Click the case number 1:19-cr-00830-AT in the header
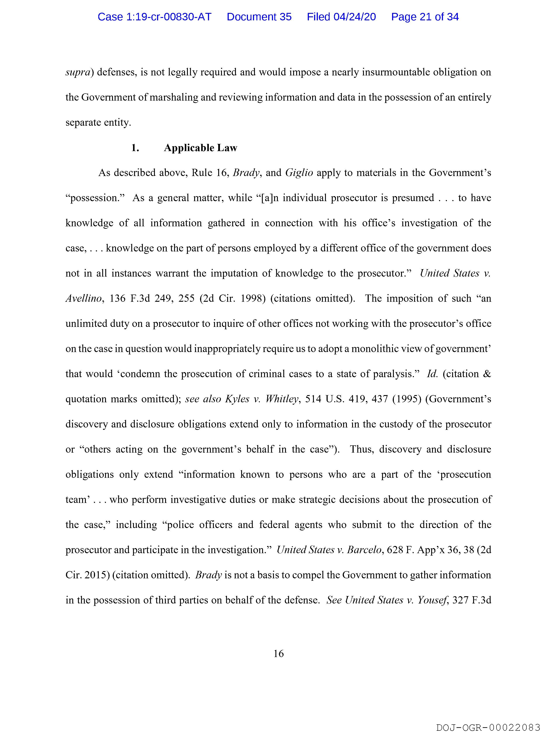point(154,17)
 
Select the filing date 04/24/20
point(355,17)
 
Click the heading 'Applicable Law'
point(200,148)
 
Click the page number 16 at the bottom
point(278,654)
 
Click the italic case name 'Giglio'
point(299,173)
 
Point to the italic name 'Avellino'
point(83,299)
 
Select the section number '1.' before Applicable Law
point(135,148)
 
